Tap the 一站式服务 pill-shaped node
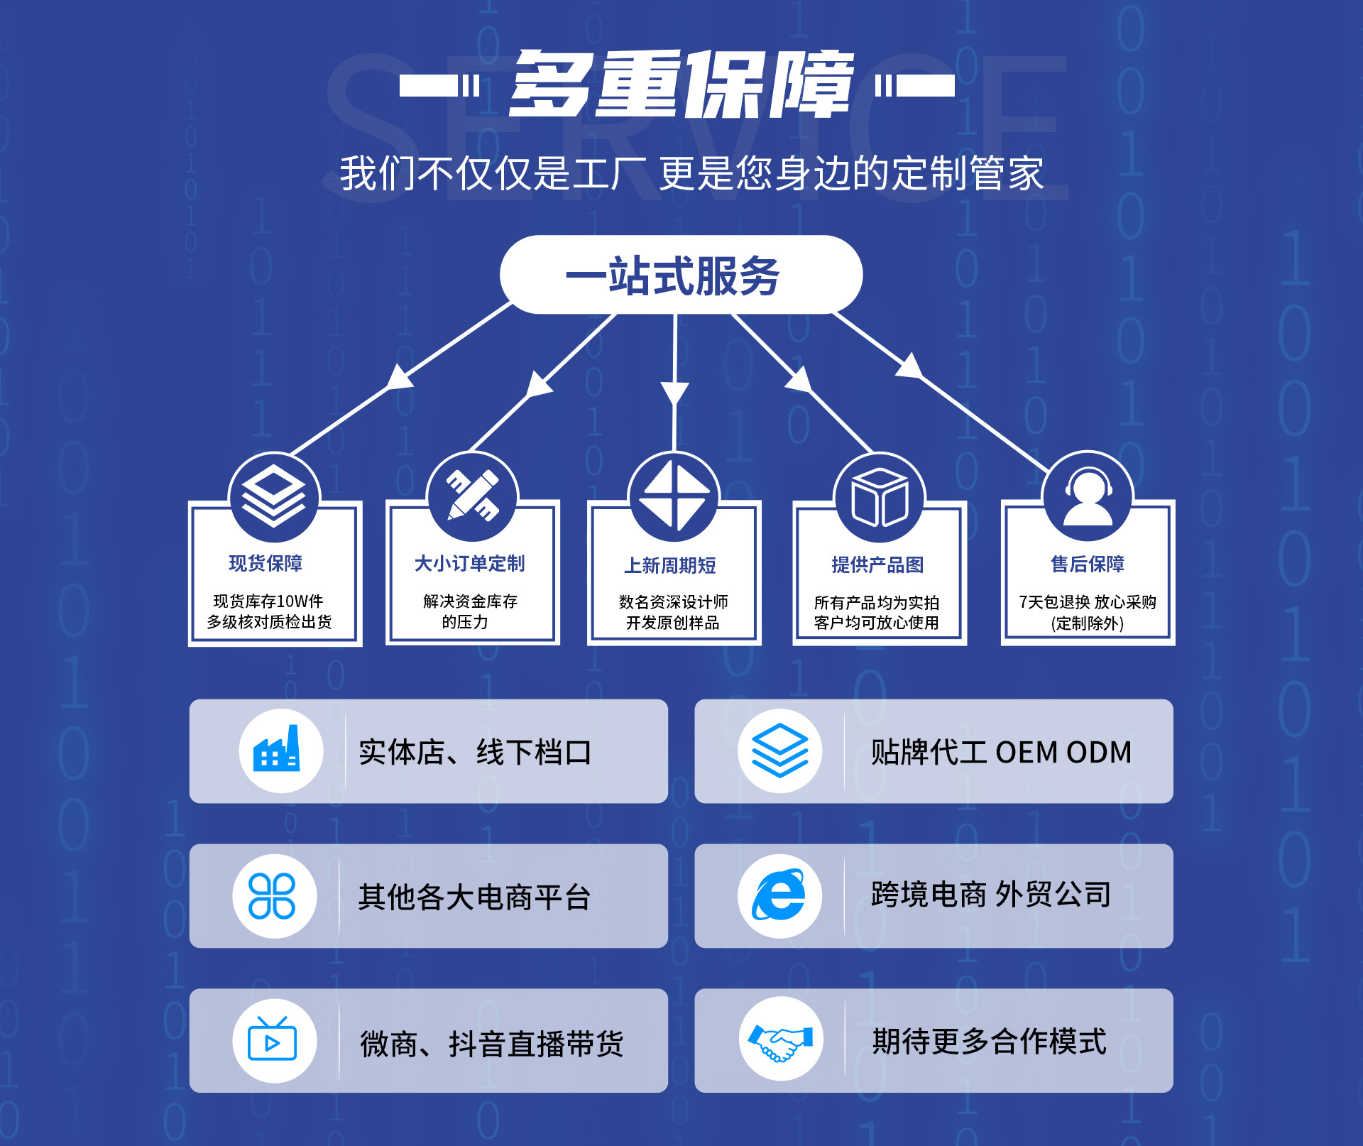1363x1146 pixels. tap(680, 275)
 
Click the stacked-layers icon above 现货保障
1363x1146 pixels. tap(274, 496)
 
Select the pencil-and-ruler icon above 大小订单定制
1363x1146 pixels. tap(472, 496)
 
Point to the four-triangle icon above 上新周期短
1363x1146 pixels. tap(674, 496)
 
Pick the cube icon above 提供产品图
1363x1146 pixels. tap(879, 498)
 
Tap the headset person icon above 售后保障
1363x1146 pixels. tap(1087, 496)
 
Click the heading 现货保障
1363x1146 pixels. tap(266, 563)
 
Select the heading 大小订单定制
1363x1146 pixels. tap(469, 563)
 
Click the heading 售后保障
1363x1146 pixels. tap(1088, 564)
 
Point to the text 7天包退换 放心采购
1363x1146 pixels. tap(1088, 602)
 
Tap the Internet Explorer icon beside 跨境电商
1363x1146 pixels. tap(779, 895)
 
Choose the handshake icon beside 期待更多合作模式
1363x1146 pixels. tap(780, 1040)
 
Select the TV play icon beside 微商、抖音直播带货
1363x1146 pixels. tap(272, 1040)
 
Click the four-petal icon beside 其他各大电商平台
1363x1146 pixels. tap(272, 895)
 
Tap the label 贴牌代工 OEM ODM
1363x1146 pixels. tap(1001, 752)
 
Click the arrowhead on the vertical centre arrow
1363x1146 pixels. tap(674, 393)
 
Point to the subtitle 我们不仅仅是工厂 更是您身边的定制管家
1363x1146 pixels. tap(691, 173)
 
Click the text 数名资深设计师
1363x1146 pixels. tap(673, 602)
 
